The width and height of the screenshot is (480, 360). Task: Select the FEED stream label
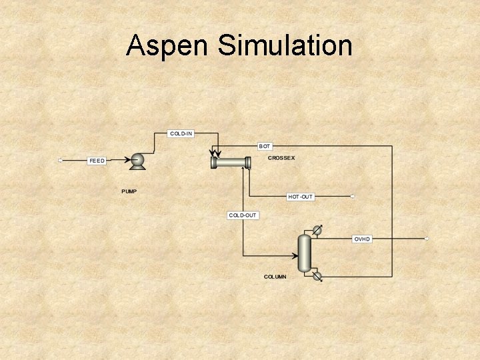tap(97, 161)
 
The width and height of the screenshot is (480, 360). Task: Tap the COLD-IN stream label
tap(181, 134)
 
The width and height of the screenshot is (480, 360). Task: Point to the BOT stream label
tap(265, 145)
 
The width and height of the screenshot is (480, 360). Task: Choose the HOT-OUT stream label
tap(300, 197)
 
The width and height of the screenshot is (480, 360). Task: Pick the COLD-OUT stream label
tap(243, 215)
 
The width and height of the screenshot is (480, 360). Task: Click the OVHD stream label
tap(362, 239)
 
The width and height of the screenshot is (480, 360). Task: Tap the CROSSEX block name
tap(281, 158)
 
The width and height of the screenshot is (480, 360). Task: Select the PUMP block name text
tap(129, 191)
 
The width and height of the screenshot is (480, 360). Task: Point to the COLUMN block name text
tap(275, 276)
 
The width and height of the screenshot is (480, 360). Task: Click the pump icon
tap(138, 160)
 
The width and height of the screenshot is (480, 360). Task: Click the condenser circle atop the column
tap(318, 230)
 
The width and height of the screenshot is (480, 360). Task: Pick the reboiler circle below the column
tap(317, 275)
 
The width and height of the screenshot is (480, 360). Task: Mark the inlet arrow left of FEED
tap(60, 160)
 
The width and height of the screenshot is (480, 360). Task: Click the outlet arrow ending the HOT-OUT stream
tap(353, 197)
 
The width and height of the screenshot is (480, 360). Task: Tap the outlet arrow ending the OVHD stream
tap(427, 239)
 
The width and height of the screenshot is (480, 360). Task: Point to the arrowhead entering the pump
tap(129, 160)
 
